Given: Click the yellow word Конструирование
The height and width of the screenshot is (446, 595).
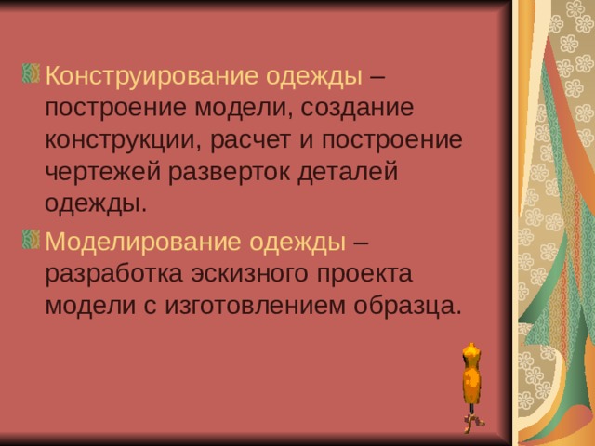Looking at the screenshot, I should [152, 74].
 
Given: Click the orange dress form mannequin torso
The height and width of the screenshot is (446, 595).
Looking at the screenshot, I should [472, 372].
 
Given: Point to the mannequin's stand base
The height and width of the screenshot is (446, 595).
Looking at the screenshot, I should [474, 421].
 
